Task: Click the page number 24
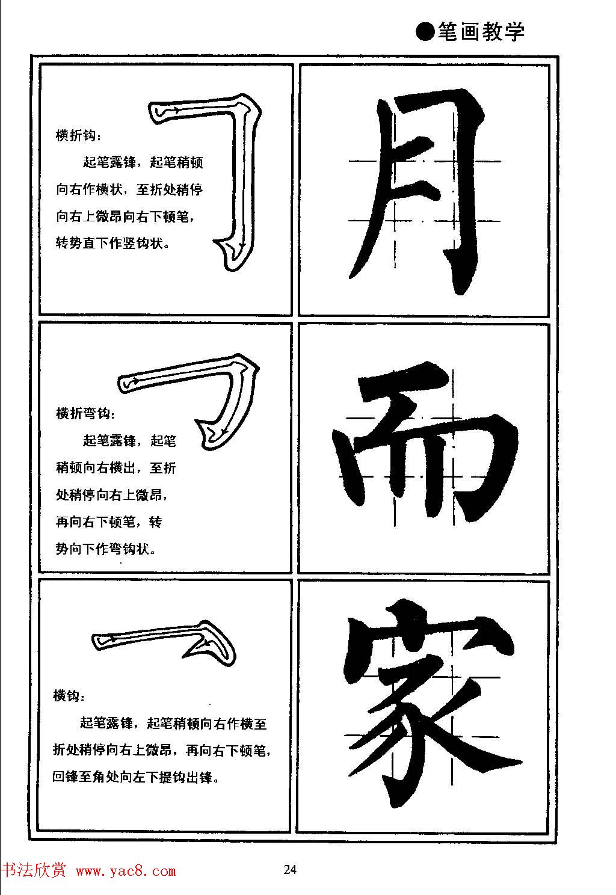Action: tap(290, 869)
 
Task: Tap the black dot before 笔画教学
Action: tap(425, 32)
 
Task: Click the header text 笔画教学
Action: tap(481, 32)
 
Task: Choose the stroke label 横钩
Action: tap(69, 696)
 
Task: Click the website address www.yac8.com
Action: tap(126, 872)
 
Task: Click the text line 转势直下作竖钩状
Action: tap(113, 244)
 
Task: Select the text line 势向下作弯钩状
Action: tap(106, 549)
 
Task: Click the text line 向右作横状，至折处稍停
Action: tap(129, 190)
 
